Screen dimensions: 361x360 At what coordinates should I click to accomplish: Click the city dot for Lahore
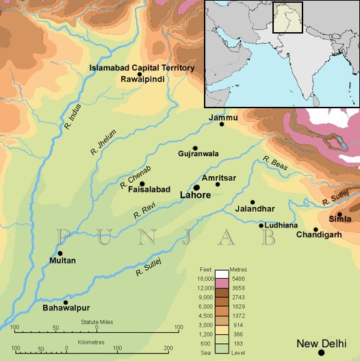196,187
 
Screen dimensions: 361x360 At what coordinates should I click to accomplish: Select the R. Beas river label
273,162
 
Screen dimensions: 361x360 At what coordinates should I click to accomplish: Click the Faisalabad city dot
142,184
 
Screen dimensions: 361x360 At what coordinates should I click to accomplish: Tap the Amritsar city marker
218,184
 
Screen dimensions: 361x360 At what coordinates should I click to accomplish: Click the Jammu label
223,118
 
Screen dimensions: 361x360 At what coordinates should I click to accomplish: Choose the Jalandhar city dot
253,202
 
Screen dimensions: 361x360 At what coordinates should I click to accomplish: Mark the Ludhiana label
282,225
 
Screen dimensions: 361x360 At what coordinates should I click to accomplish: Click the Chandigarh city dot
316,229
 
